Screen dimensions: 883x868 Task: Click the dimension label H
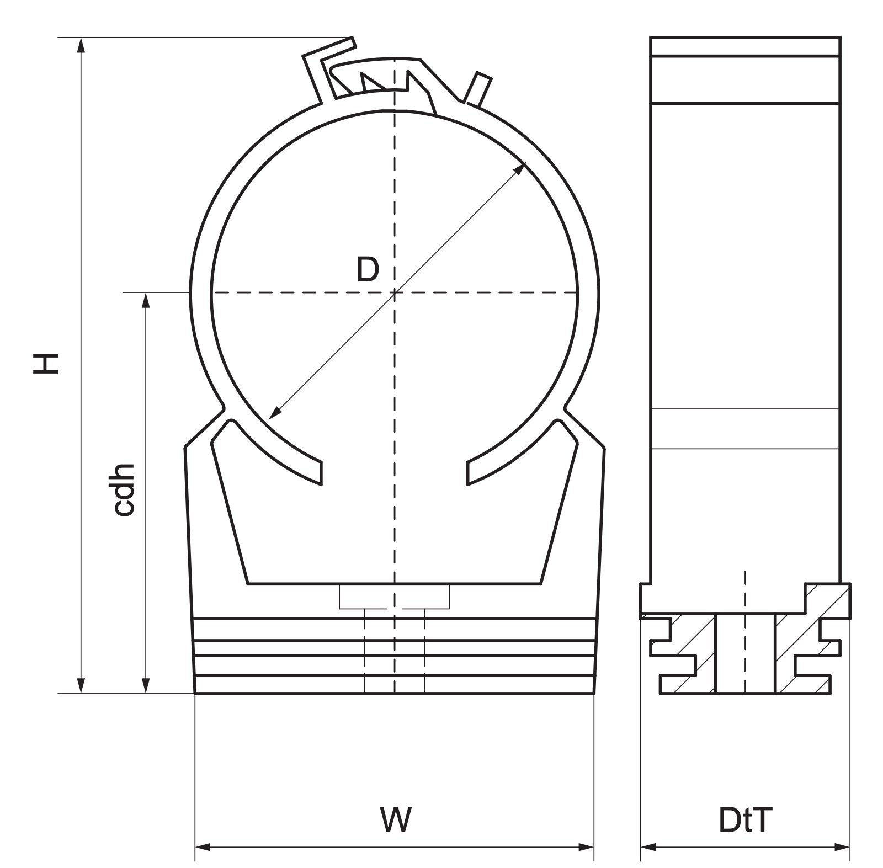click(x=46, y=364)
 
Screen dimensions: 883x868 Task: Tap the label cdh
click(x=124, y=489)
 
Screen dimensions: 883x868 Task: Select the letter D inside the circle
click(x=368, y=270)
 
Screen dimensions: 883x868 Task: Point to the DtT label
click(x=745, y=820)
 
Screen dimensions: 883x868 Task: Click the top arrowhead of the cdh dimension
click(x=146, y=300)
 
